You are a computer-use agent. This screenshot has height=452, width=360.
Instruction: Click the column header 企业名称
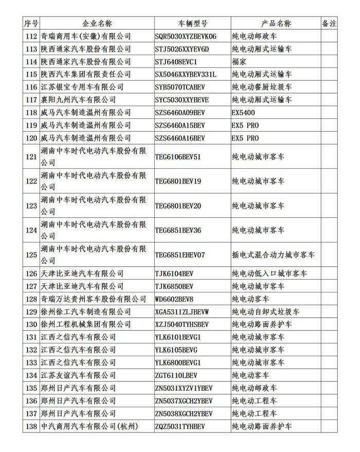point(97,24)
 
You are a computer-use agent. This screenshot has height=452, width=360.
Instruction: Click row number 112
point(31,37)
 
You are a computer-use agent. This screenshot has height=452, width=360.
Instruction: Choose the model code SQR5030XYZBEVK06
point(186,37)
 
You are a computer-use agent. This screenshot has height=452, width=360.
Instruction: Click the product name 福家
point(239,62)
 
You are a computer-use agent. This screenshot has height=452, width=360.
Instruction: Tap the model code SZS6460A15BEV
point(180,126)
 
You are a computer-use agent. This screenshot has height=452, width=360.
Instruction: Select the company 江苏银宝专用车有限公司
point(82,88)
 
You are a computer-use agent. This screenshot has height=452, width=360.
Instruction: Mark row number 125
point(31,255)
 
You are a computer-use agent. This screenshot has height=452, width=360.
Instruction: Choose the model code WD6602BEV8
point(174,299)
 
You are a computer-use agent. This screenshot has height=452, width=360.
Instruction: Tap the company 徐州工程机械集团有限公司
point(85,324)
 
